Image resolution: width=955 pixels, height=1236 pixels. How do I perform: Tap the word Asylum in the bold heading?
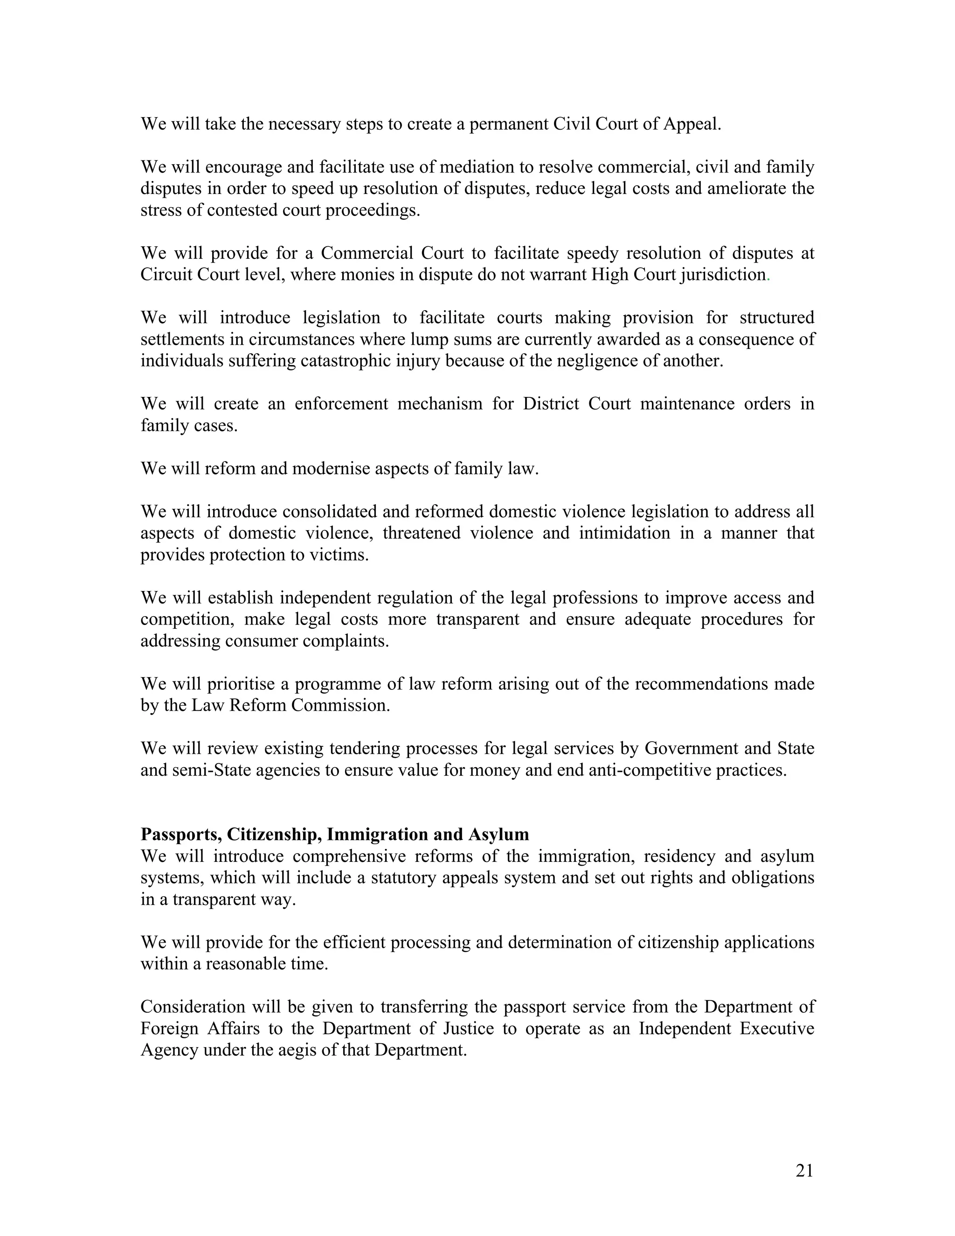click(x=498, y=835)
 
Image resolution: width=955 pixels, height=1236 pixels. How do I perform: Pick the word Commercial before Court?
click(x=365, y=253)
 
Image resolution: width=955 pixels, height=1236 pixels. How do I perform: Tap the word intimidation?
click(x=624, y=533)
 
